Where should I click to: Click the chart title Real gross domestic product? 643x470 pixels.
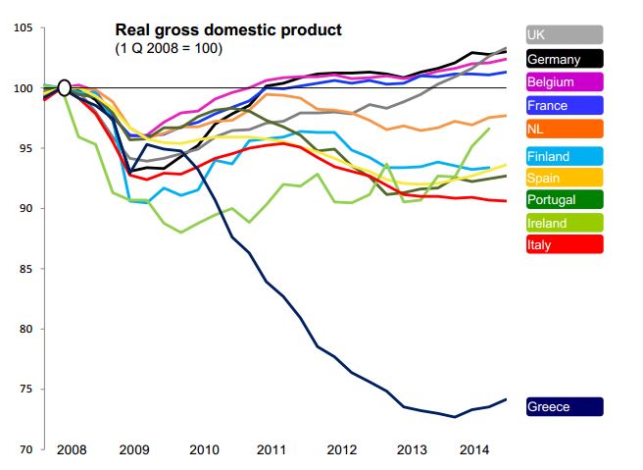click(x=228, y=29)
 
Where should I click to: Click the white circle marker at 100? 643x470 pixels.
click(x=65, y=88)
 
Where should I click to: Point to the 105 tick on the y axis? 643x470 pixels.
click(x=24, y=28)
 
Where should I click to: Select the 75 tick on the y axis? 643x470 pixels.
click(x=26, y=390)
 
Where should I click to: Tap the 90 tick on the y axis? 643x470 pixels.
click(x=26, y=209)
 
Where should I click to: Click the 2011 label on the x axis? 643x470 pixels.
click(x=271, y=449)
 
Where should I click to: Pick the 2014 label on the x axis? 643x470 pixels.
click(x=473, y=449)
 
